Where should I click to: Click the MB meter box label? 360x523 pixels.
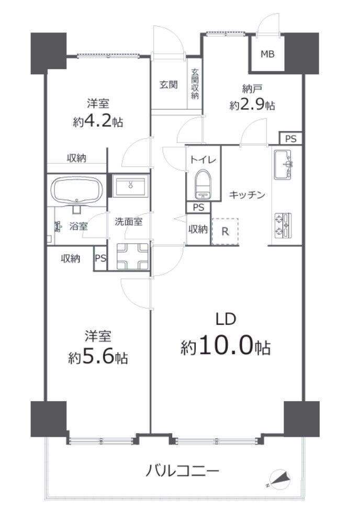267,54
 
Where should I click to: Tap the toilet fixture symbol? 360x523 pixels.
203,184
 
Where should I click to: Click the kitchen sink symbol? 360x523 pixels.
283,164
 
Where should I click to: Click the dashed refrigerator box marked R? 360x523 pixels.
225,232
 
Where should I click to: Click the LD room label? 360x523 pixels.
226,319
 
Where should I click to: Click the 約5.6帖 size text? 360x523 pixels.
98,358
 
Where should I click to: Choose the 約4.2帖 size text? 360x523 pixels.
98,122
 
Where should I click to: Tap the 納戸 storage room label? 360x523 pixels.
252,89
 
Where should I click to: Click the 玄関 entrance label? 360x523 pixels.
168,85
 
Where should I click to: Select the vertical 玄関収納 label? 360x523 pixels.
195,84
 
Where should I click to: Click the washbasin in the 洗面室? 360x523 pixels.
130,186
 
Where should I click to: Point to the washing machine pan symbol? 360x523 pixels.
132,256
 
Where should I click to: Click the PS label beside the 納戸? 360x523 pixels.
290,139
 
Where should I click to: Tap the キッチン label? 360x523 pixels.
247,195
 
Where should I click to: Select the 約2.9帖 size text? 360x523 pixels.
252,106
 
